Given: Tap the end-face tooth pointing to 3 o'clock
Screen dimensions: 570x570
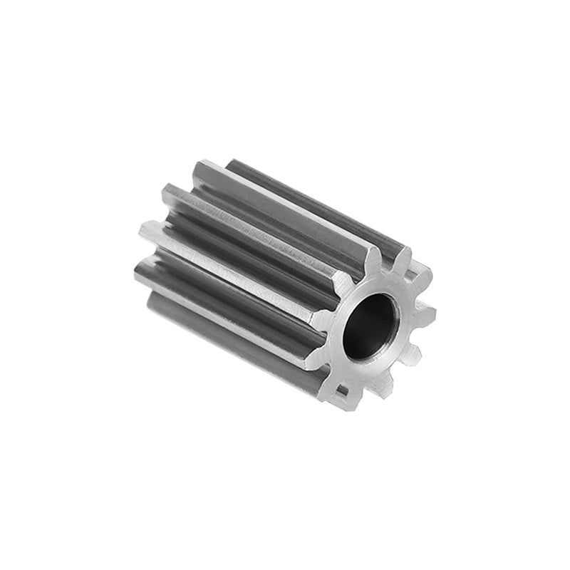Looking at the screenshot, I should (427, 311).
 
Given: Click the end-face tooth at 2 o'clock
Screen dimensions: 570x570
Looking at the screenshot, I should (422, 276).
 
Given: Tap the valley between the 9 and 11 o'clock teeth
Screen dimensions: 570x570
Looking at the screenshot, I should (332, 299).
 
